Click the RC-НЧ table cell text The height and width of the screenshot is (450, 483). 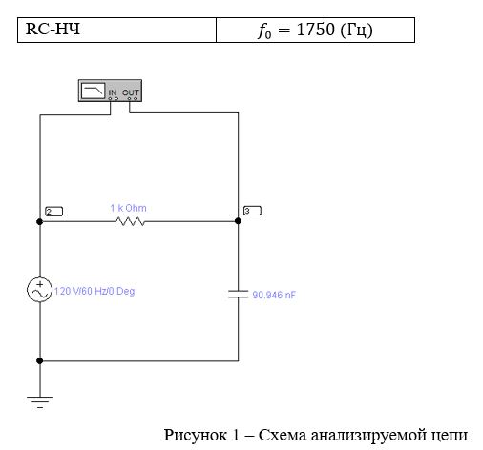(x=52, y=29)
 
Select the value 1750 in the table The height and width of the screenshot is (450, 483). (x=316, y=30)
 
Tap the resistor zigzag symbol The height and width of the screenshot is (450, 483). (x=130, y=221)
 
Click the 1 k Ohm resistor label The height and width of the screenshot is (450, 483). (x=128, y=208)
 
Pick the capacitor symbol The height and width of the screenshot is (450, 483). (x=238, y=295)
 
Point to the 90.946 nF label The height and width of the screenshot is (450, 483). (x=274, y=295)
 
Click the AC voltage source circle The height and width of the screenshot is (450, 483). (x=39, y=290)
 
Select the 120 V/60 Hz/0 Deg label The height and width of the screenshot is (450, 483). (x=94, y=291)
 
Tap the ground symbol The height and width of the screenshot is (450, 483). (x=40, y=401)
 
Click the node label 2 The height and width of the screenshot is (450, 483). (x=53, y=212)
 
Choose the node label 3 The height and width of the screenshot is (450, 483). (x=252, y=211)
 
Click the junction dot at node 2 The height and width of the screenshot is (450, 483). (x=39, y=221)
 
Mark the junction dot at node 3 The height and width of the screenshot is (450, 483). (x=238, y=221)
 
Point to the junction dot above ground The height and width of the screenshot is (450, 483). (x=39, y=360)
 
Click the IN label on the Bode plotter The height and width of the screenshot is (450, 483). (x=113, y=92)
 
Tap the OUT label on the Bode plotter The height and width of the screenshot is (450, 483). (x=131, y=92)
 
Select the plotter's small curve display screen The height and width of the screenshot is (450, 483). (x=93, y=91)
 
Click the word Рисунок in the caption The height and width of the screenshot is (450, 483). (x=196, y=435)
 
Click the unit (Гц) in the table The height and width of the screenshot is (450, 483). (x=356, y=31)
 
